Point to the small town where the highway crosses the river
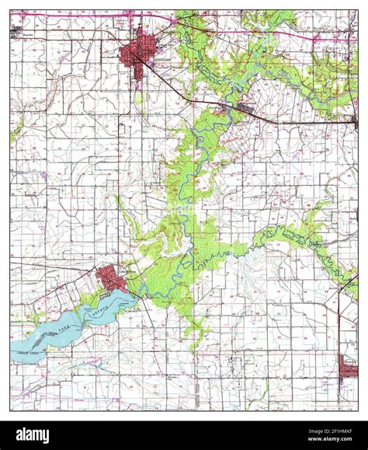coord(242,107)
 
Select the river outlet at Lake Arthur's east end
coord(136,294)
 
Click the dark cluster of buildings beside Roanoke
coord(17,31)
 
